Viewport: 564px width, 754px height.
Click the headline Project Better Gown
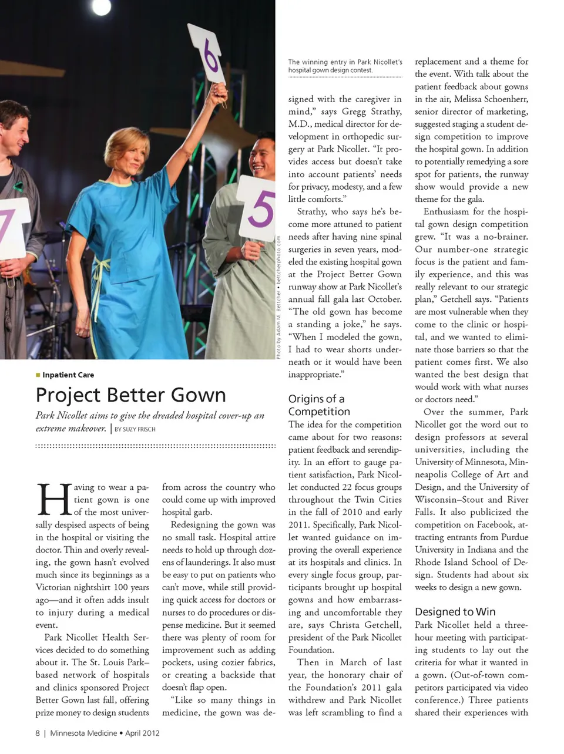click(130, 395)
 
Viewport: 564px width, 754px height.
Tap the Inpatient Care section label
click(68, 375)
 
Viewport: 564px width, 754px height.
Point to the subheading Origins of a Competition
click(319, 405)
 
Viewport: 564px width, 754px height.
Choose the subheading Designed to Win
click(455, 611)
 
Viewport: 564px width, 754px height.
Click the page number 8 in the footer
click(38, 733)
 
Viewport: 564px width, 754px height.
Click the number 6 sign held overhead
click(207, 55)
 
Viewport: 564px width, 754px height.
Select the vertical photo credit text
click(280, 297)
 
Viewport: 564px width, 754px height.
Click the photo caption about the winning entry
click(345, 66)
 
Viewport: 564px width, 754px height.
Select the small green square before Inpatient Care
click(38, 375)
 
